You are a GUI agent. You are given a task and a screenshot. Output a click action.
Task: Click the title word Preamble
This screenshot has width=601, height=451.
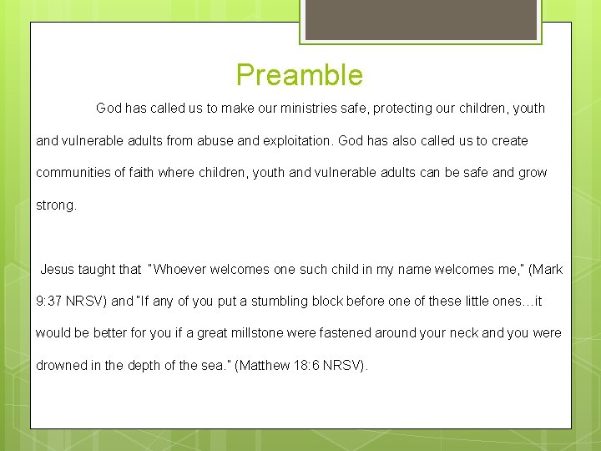[300, 75]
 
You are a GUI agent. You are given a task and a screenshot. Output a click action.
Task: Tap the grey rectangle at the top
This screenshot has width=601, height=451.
[420, 19]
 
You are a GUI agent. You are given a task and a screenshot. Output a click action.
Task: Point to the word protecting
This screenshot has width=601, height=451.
[404, 109]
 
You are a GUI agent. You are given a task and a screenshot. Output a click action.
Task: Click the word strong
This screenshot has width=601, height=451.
[55, 205]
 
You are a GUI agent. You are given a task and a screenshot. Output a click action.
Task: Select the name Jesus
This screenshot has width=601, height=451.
[58, 270]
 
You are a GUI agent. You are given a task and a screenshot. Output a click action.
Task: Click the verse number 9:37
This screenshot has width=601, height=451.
[48, 302]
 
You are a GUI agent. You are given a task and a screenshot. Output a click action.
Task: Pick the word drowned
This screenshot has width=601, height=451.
[61, 366]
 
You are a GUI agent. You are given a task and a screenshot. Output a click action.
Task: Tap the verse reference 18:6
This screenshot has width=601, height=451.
[309, 366]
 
